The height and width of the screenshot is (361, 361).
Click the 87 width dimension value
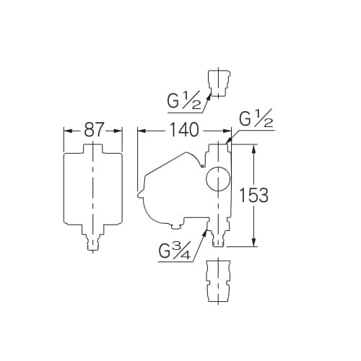(x=94, y=130)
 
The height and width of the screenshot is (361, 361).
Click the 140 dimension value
(x=185, y=130)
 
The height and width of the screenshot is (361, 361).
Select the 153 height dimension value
(x=254, y=195)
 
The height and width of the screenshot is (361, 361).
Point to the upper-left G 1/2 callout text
(x=184, y=100)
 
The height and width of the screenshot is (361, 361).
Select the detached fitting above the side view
(x=218, y=83)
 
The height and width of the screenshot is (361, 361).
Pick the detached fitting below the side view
(x=218, y=281)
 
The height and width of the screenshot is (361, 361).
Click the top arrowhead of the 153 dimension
(x=253, y=148)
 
